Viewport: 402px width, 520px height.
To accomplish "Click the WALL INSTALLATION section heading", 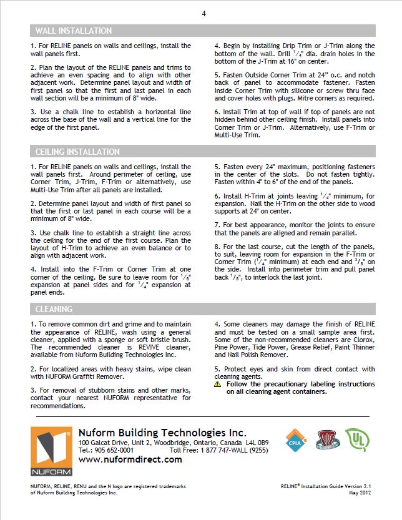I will pyautogui.click(x=74, y=31).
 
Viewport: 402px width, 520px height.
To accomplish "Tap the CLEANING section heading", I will pyautogui.click(x=54, y=309).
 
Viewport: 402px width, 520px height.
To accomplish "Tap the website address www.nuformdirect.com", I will pyautogui.click(x=130, y=459).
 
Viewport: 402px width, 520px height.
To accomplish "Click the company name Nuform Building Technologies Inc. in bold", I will pyautogui.click(x=162, y=433).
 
